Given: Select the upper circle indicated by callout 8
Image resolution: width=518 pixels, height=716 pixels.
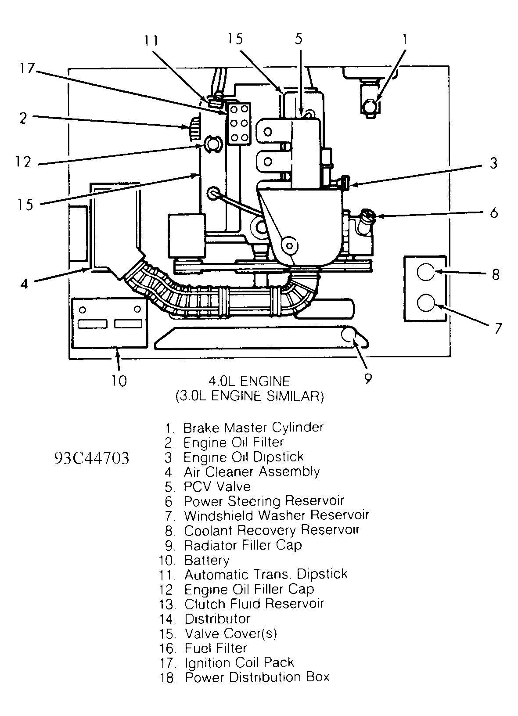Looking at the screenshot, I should click(x=425, y=272).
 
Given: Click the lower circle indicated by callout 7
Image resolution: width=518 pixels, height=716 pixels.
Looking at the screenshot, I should click(x=425, y=302).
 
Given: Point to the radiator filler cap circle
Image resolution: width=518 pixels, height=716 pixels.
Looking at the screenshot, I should click(x=350, y=335).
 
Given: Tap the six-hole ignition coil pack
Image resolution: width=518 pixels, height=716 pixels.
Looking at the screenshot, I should click(x=238, y=123).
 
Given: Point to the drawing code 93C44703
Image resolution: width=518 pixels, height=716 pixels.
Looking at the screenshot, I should click(x=92, y=458).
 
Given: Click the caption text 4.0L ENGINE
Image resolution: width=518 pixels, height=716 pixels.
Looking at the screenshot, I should click(x=249, y=381).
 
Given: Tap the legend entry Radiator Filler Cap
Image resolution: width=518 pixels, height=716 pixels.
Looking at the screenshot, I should click(x=242, y=545).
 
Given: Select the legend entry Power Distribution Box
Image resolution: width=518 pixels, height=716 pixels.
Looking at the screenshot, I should click(x=257, y=677).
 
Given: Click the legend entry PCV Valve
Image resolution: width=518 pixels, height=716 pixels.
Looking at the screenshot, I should click(x=217, y=486).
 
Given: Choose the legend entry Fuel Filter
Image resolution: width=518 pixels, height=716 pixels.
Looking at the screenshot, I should click(x=216, y=648).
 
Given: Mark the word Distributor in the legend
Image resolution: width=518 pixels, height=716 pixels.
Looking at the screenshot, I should click(x=217, y=619).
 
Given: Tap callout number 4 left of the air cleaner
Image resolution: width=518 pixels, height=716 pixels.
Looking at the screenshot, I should click(x=24, y=284).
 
